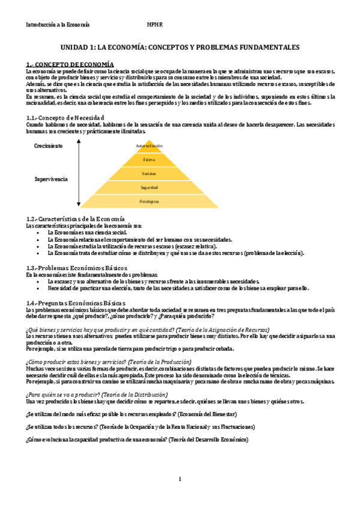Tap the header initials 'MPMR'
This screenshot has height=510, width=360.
coord(155,25)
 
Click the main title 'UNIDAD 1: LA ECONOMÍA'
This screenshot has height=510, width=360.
coord(180,47)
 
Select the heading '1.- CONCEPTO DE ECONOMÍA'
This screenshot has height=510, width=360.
coord(70,64)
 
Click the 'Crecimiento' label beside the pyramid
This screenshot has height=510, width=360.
coord(48,146)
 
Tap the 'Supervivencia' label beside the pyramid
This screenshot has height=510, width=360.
coord(50,179)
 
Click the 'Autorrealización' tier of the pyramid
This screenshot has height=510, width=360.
coord(149,146)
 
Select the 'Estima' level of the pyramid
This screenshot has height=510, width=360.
coord(149,159)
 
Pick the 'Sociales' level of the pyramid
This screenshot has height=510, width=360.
coord(149,173)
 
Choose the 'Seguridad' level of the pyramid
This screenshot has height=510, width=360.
coord(149,188)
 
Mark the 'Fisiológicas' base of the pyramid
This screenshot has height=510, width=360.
coord(149,201)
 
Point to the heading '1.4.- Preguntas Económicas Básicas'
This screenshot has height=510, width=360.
coord(76,303)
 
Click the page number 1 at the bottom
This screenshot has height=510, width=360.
coord(180,479)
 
